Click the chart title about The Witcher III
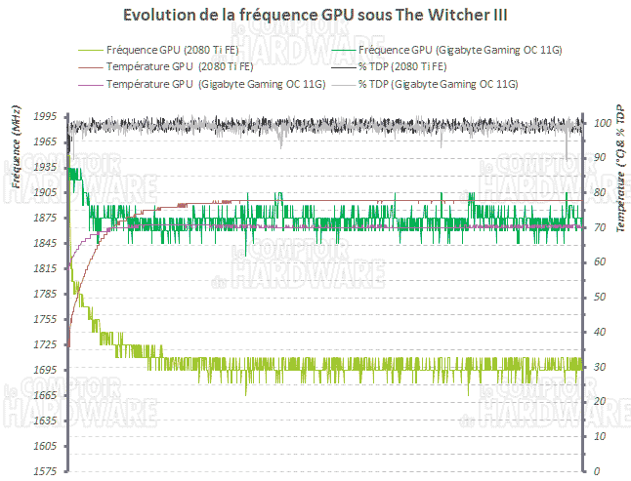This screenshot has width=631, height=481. [x=315, y=17]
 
